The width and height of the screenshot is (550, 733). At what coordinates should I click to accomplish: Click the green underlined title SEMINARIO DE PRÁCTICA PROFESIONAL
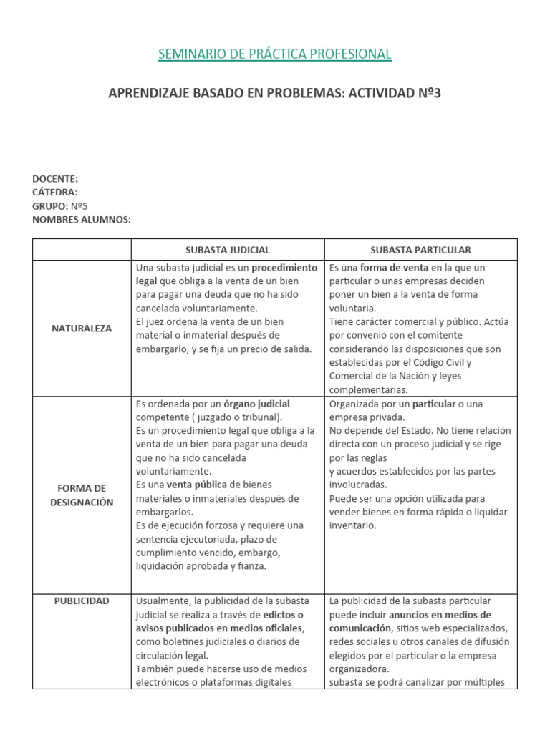click(274, 54)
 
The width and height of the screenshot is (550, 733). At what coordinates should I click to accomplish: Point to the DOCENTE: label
click(55, 179)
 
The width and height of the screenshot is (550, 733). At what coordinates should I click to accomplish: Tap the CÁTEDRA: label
click(54, 192)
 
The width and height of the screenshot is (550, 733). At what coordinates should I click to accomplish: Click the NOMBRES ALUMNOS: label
click(82, 219)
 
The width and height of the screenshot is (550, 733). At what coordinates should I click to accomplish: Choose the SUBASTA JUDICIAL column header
click(227, 250)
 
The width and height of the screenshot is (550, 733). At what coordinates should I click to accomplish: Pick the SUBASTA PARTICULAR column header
click(420, 250)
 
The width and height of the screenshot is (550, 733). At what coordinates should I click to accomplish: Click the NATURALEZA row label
click(82, 329)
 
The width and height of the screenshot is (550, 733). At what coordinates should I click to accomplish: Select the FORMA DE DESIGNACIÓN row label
click(82, 495)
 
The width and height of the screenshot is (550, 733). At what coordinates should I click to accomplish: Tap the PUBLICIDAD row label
click(82, 601)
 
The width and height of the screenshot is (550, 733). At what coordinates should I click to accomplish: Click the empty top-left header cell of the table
click(82, 250)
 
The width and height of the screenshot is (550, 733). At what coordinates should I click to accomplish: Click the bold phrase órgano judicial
click(257, 404)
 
